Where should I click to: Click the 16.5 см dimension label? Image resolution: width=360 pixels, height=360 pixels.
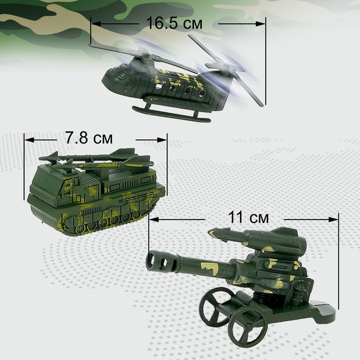point(175,23)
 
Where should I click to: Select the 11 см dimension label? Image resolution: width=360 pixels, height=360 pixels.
point(245,217)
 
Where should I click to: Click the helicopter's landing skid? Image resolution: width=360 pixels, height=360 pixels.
point(171,113)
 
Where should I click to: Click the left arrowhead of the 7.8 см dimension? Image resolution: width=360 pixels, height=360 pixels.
point(26,138)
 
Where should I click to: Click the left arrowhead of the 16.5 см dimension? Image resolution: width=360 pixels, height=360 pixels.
point(93,23)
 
